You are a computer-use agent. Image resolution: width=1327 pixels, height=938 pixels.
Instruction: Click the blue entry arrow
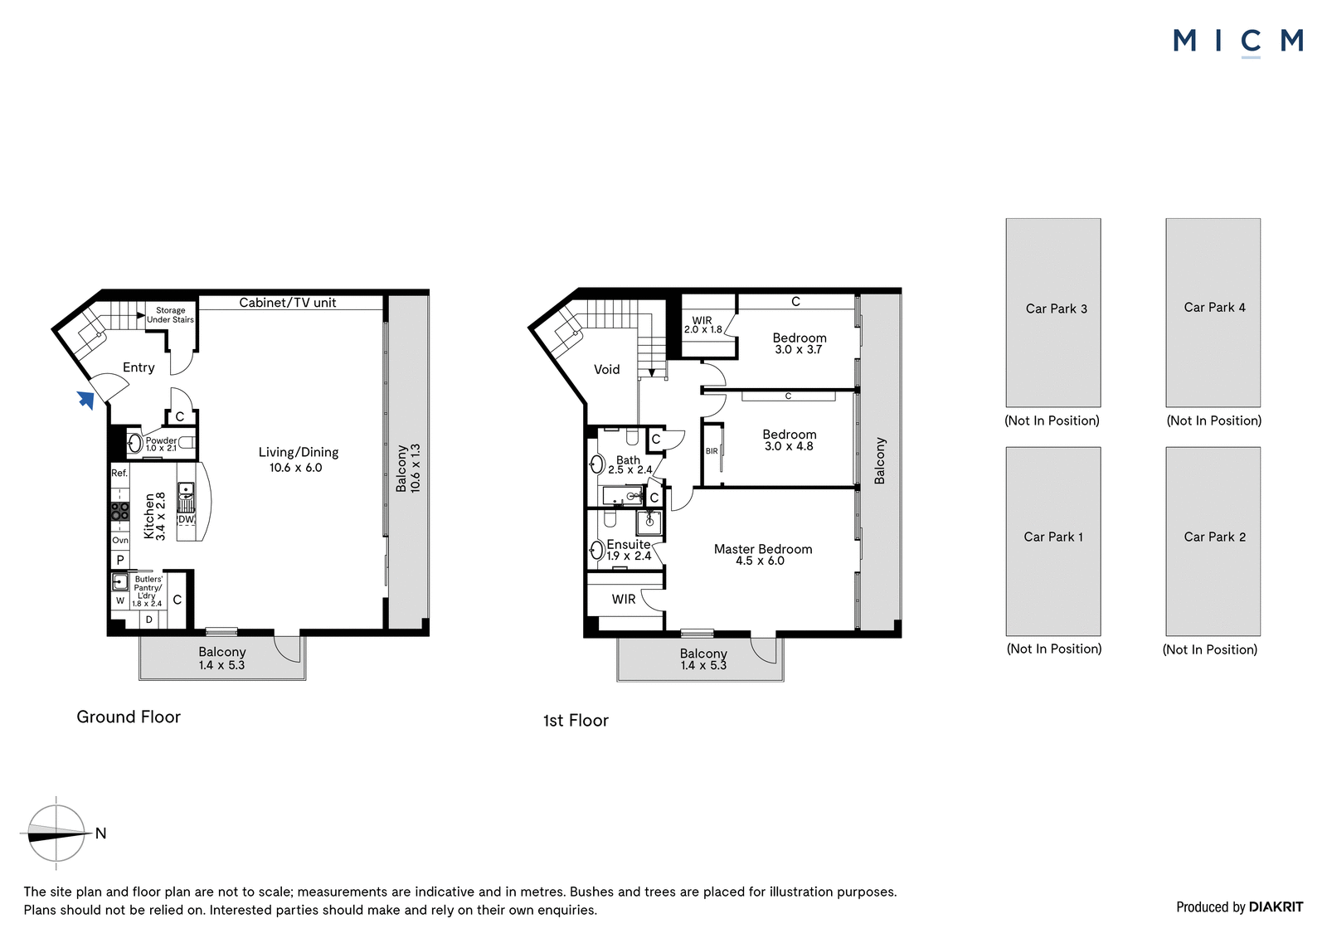click(x=86, y=400)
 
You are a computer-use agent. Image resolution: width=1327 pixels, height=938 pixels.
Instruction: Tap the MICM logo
click(x=1238, y=42)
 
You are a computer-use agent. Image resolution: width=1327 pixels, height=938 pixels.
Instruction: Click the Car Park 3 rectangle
click(x=1053, y=313)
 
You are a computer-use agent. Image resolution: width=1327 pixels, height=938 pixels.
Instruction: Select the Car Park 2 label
click(x=1214, y=537)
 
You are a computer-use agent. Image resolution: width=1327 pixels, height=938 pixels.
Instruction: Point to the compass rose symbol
click(x=56, y=834)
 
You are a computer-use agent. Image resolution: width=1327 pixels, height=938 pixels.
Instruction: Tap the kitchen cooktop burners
click(x=120, y=511)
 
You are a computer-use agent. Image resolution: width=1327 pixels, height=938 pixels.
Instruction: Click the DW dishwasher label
click(x=186, y=519)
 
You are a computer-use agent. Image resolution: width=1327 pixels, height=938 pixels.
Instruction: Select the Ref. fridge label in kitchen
click(x=119, y=473)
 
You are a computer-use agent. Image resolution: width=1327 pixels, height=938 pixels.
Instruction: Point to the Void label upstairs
click(x=606, y=370)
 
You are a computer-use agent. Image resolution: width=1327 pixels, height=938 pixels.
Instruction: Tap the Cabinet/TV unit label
click(x=287, y=303)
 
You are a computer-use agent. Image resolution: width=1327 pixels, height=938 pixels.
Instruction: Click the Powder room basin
click(x=135, y=443)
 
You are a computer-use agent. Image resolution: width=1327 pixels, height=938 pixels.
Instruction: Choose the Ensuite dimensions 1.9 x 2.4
click(x=629, y=556)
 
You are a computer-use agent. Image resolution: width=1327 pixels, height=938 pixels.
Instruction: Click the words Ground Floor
click(x=129, y=717)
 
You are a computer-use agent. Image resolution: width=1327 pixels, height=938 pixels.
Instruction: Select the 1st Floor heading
click(x=576, y=721)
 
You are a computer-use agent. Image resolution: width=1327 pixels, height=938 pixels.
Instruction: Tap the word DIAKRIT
click(x=1276, y=907)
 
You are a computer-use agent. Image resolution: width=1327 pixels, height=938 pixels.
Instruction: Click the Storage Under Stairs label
click(x=171, y=315)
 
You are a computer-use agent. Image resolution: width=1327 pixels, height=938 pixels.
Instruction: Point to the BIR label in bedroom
click(x=712, y=451)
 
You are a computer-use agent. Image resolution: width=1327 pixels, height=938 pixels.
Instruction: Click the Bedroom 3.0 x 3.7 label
click(x=800, y=343)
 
